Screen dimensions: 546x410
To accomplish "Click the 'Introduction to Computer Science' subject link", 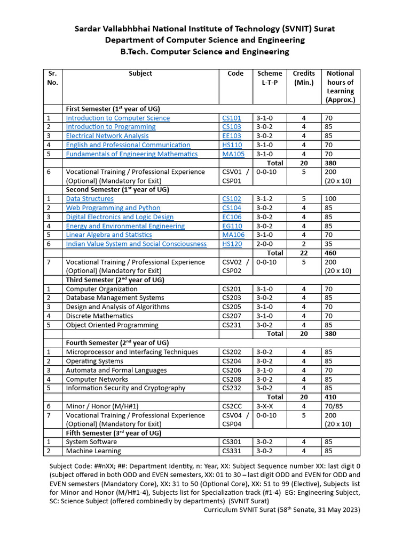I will click(117, 118).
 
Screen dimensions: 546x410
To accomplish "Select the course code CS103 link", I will click(232, 127).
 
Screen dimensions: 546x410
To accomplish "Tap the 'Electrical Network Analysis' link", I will click(107, 136).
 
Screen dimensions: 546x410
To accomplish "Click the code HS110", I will click(232, 145).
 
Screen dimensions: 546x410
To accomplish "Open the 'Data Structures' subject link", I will click(90, 199).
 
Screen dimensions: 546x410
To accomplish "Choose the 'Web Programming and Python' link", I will click(113, 208).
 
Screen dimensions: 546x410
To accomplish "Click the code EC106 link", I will click(232, 217).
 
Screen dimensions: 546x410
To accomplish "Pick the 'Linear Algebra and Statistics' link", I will click(109, 235).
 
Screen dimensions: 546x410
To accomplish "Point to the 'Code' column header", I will click(235, 74).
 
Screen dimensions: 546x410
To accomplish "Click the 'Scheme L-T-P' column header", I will click(270, 78).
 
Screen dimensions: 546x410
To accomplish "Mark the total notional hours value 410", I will click(330, 397).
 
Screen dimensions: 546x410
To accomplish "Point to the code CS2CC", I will click(232, 406).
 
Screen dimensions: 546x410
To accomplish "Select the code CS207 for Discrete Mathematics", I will click(232, 316).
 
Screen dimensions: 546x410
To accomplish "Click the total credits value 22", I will click(303, 253).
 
